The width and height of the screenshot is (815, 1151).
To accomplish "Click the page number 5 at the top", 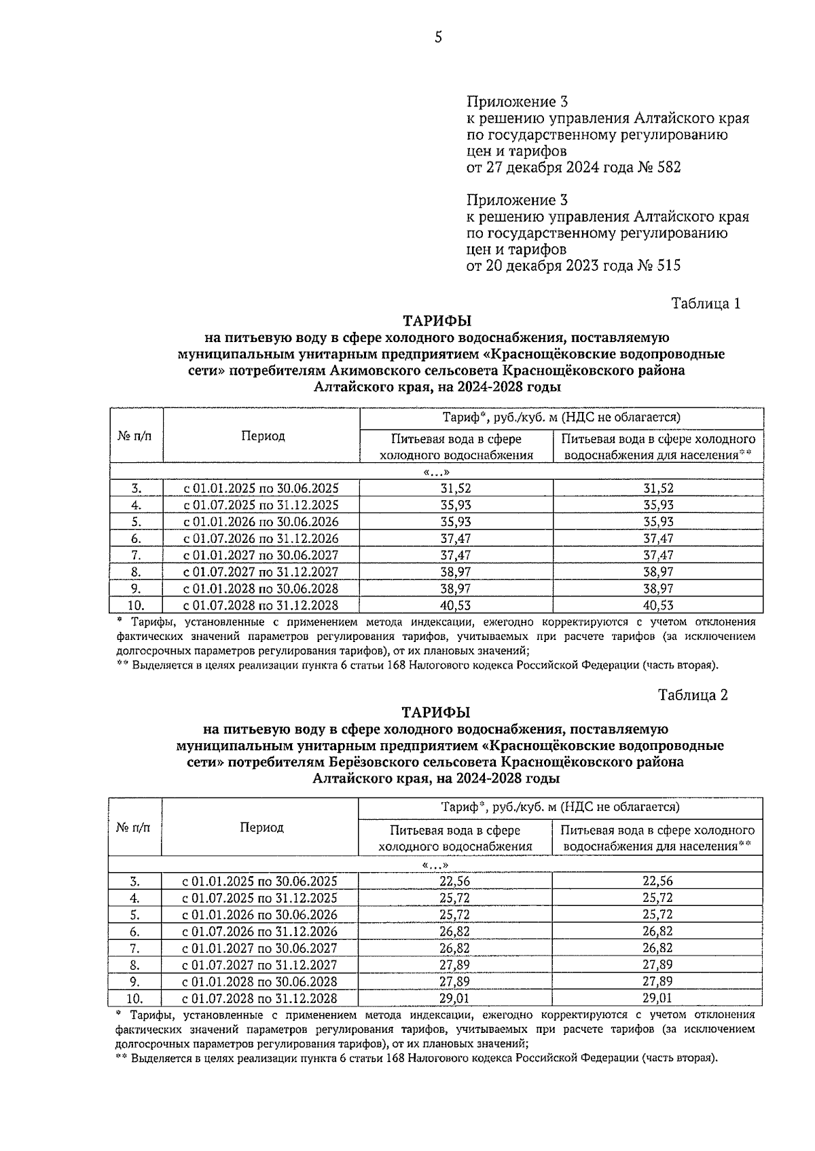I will pos(438,37).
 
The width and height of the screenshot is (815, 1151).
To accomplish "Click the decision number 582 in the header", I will pos(668,167).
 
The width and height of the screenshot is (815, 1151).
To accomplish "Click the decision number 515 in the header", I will pos(668,265).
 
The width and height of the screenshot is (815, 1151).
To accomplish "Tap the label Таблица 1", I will pos(705,303).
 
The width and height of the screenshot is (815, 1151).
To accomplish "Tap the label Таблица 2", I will pos(693,695).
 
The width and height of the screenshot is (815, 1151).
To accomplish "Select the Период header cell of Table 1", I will pos(264,436).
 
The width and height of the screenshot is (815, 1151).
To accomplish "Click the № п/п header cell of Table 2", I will pos(134,827).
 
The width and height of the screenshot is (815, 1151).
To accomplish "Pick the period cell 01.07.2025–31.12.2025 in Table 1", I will pos(261,505).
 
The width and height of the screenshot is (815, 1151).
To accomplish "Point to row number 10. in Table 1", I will pos(136,605).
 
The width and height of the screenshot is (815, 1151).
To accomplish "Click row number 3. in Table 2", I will pos(135,881).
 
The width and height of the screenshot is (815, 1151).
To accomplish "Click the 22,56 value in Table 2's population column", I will pos(657,881).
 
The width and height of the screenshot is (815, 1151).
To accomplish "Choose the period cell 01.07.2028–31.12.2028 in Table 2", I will pos(259,998).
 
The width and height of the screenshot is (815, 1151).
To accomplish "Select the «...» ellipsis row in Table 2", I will pos(435,865).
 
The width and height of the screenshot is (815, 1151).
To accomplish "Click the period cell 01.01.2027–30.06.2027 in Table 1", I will pos(261,555).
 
